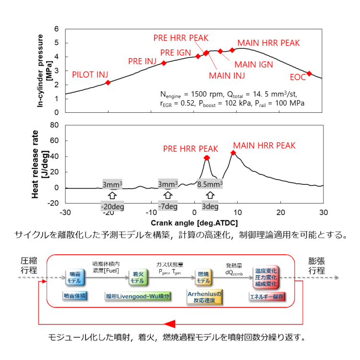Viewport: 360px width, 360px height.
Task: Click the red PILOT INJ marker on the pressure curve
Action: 108,83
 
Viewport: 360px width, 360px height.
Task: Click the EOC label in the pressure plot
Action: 298,77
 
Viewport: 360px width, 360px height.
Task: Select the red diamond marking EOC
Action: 309,73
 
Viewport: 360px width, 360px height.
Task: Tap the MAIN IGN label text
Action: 253,63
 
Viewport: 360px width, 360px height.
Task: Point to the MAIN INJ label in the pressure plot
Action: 227,75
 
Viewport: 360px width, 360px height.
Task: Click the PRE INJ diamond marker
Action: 164,63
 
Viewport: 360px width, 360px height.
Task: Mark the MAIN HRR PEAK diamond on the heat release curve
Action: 233,153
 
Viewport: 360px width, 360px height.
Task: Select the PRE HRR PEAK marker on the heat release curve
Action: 207,157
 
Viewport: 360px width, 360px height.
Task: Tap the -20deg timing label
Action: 112,207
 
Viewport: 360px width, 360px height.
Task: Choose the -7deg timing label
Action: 168,207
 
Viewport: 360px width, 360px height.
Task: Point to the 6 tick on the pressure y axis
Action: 57,29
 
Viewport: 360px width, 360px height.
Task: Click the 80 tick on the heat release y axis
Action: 55,125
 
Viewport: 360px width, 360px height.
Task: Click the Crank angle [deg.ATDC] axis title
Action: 194,223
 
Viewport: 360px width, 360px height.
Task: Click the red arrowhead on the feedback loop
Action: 173,322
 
